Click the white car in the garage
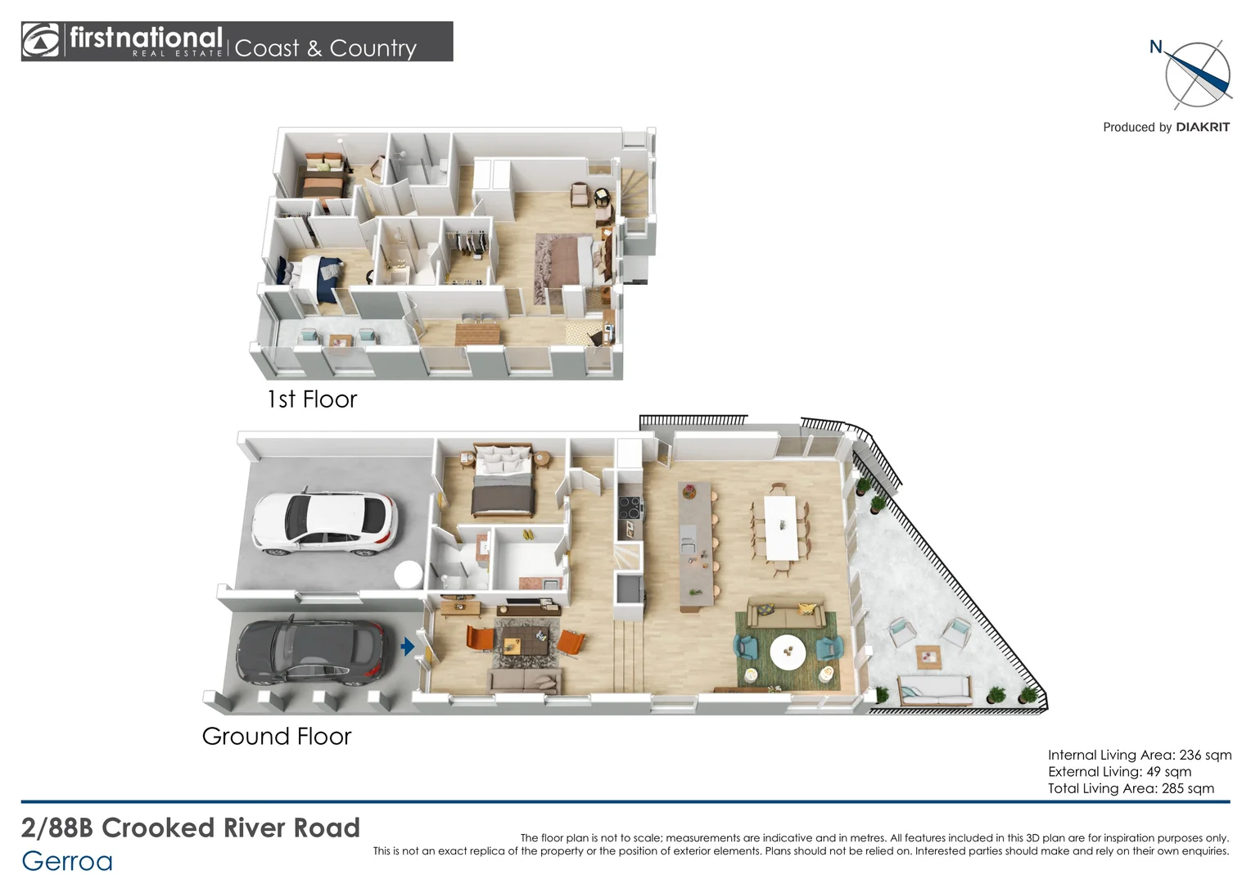pyautogui.click(x=324, y=524)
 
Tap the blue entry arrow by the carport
pyautogui.click(x=408, y=647)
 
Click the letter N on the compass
pyautogui.click(x=1155, y=47)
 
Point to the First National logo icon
pyautogui.click(x=39, y=40)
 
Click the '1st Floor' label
pyautogui.click(x=312, y=399)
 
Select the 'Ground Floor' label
pyautogui.click(x=277, y=736)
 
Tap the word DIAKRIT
pyautogui.click(x=1203, y=128)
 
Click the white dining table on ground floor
pyautogui.click(x=780, y=528)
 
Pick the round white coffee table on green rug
pyautogui.click(x=788, y=652)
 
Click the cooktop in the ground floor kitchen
pyautogui.click(x=630, y=508)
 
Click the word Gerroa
pyautogui.click(x=67, y=862)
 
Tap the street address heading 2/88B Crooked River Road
pyautogui.click(x=191, y=828)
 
